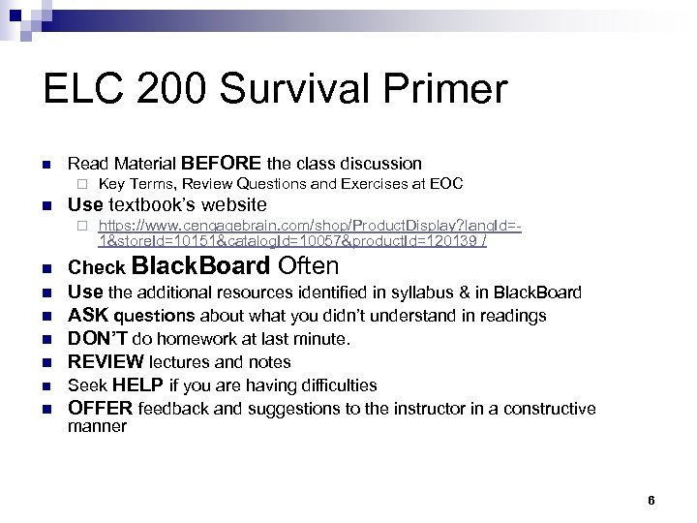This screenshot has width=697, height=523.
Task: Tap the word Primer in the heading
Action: click(x=450, y=90)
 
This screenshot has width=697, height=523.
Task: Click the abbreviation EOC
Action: click(x=445, y=183)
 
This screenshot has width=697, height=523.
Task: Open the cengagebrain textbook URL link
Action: click(x=310, y=232)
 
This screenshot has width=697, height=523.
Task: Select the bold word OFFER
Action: click(x=101, y=409)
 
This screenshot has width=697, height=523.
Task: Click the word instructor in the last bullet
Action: click(x=421, y=409)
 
